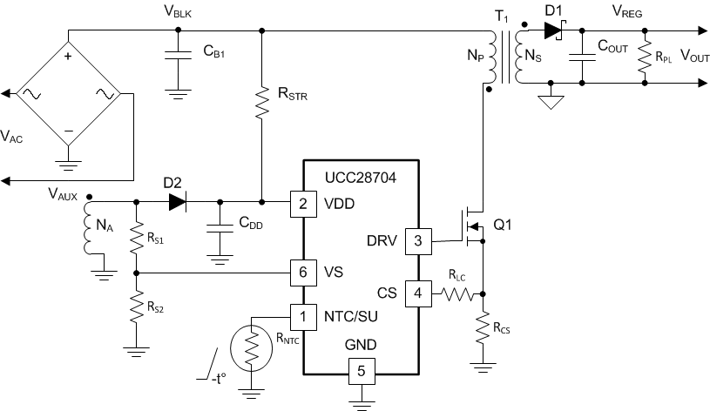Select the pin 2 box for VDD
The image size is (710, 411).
tap(302, 204)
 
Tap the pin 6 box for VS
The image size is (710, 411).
tap(302, 272)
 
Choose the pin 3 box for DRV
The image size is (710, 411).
tap(417, 241)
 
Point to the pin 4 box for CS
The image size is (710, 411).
tap(417, 293)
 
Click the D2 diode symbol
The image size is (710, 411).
tap(177, 203)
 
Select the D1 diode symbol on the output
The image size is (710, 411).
tap(552, 31)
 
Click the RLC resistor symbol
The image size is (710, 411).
tap(455, 294)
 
